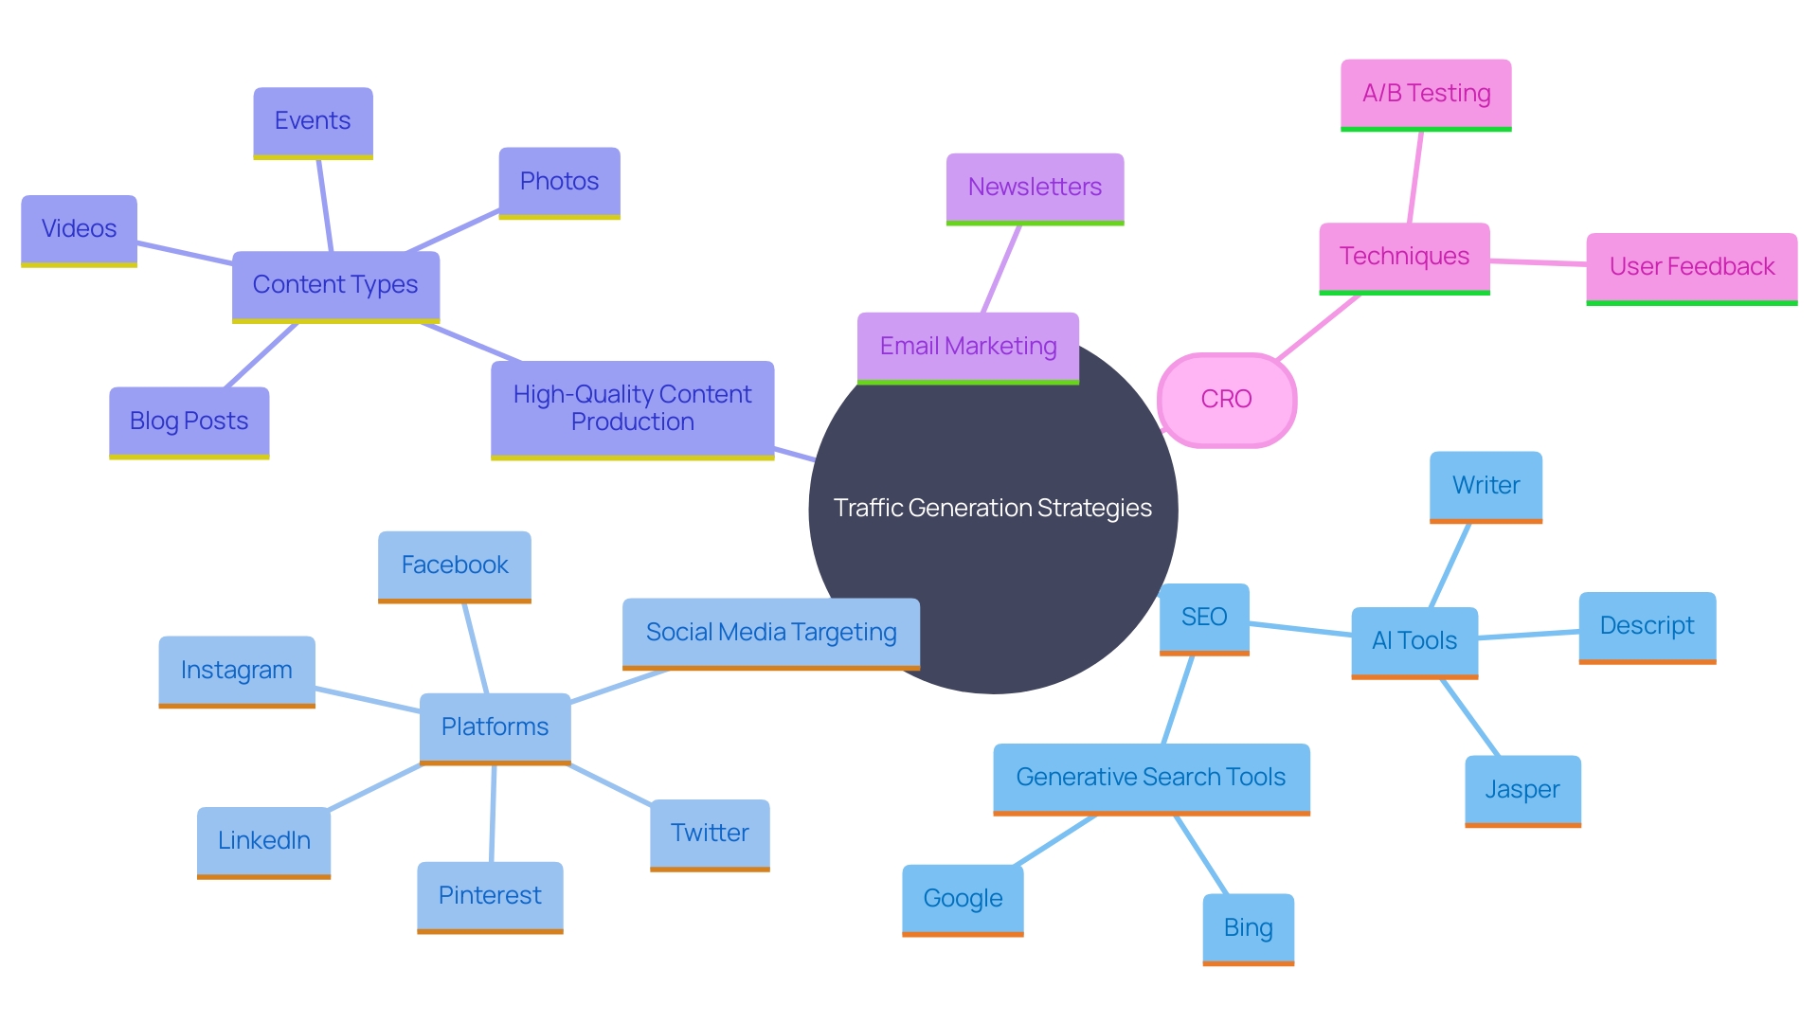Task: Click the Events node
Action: [313, 122]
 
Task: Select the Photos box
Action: [559, 182]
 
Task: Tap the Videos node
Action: [79, 229]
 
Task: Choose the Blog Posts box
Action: [189, 422]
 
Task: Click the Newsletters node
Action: [1035, 188]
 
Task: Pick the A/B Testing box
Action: [1426, 94]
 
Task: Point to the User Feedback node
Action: [1691, 267]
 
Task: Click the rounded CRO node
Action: [1226, 400]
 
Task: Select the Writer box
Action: [1486, 486]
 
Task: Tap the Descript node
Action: [1647, 626]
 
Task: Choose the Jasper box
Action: [1522, 790]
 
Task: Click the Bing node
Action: [1248, 928]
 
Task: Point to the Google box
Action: [963, 899]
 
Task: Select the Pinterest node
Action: [490, 896]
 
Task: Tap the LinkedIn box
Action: [263, 841]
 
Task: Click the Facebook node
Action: [454, 565]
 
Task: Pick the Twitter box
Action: [710, 834]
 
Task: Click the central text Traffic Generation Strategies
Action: [992, 509]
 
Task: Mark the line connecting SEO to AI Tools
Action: [1300, 629]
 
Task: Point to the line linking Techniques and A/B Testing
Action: [1415, 177]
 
